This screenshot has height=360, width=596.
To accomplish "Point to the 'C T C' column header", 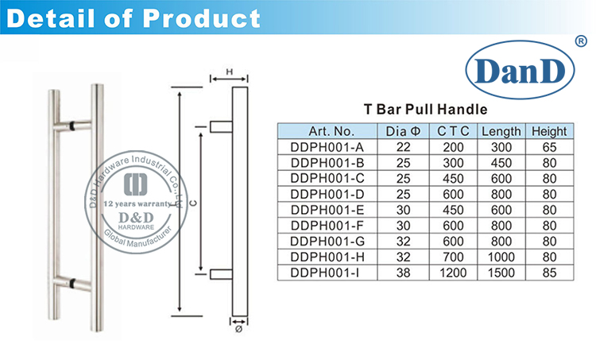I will (455, 131).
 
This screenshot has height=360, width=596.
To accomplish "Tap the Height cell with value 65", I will (549, 147).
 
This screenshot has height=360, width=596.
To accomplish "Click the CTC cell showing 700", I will (455, 257).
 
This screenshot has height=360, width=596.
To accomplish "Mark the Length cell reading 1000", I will (501, 257).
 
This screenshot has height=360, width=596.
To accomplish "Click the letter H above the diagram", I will (229, 72).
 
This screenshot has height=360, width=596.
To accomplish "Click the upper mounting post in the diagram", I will (221, 126).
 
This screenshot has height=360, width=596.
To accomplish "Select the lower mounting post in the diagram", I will (221, 276).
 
